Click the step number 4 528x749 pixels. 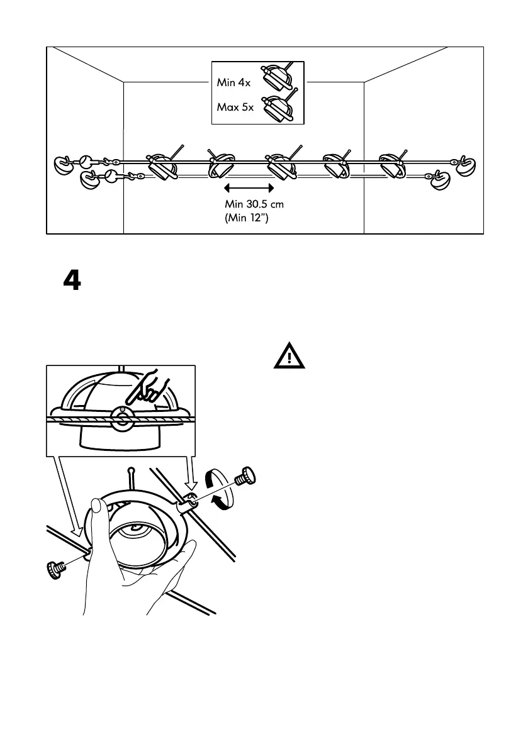click(x=72, y=281)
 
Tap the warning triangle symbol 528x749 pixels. click(x=289, y=357)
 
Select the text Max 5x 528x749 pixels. click(x=235, y=107)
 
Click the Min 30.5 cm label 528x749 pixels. click(x=259, y=204)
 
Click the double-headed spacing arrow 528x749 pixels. click(x=249, y=187)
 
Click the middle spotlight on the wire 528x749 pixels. click(x=278, y=165)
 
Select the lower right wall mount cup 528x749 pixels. click(x=439, y=181)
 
